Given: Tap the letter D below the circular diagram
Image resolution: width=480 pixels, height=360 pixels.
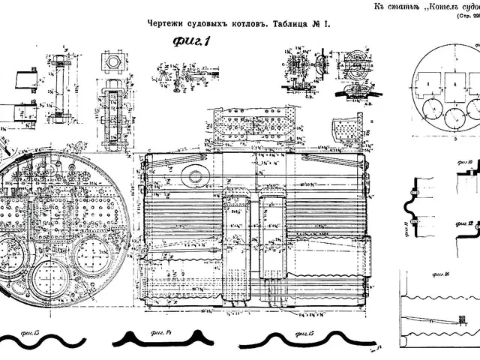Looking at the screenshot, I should tap(433, 139).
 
